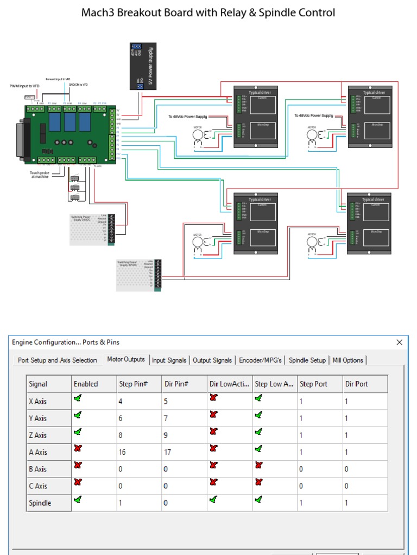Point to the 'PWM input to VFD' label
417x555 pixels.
tap(24, 86)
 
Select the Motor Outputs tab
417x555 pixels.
tap(126, 359)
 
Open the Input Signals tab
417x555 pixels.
tap(169, 360)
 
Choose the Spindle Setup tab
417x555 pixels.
tap(307, 360)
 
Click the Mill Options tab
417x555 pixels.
tap(348, 360)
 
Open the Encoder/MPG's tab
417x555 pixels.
tap(260, 360)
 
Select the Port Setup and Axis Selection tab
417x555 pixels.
tap(58, 360)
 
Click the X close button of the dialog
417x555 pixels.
tap(400, 343)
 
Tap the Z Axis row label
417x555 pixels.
tap(37, 435)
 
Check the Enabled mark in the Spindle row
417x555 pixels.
tap(78, 500)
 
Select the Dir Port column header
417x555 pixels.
tap(356, 384)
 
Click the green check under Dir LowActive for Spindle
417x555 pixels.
tap(213, 500)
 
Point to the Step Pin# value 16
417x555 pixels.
tap(123, 452)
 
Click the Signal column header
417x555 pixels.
tap(38, 384)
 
